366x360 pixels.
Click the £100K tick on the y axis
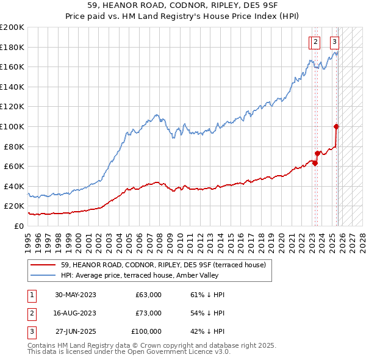coord(12,126)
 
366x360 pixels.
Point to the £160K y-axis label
coord(12,67)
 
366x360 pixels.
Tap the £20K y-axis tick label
coord(14,206)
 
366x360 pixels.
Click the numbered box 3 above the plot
coord(335,42)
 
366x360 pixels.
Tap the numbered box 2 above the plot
coord(316,42)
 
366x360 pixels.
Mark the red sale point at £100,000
coord(336,126)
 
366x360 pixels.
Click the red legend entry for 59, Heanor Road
coord(163,265)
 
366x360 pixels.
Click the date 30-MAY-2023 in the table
coord(76,295)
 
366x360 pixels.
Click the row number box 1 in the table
coord(31,295)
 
